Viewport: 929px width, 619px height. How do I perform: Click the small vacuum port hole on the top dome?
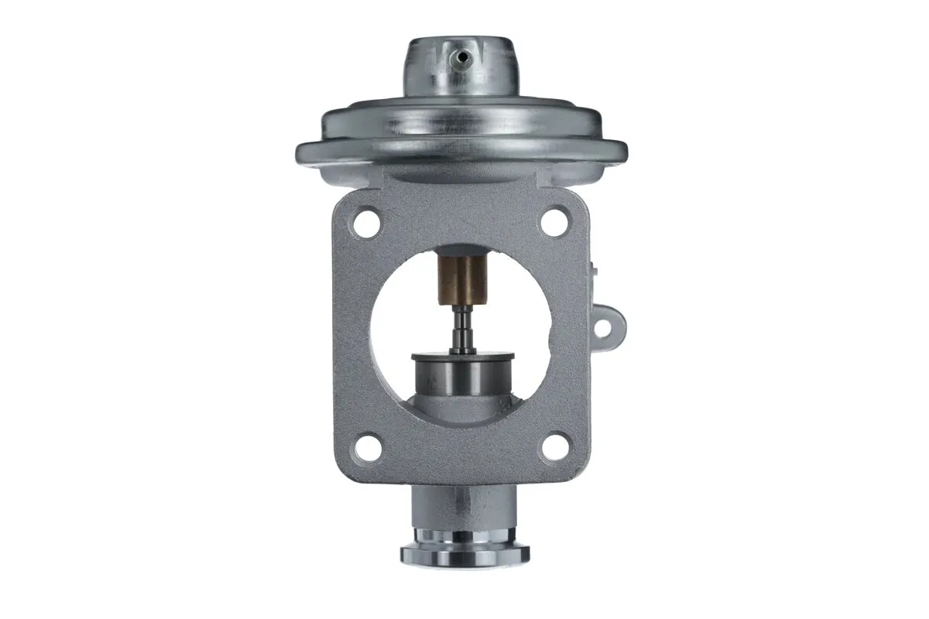pyautogui.click(x=461, y=56)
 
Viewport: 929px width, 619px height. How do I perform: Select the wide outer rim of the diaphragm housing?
pyautogui.click(x=461, y=152)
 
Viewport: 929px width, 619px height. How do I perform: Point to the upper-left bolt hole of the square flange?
pyautogui.click(x=366, y=224)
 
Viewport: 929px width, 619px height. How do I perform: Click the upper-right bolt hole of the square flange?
pyautogui.click(x=554, y=223)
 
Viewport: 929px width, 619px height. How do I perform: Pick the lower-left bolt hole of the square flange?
pyautogui.click(x=369, y=447)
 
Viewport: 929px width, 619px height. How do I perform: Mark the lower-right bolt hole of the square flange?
pyautogui.click(x=554, y=447)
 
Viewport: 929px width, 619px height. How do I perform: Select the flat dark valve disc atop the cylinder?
pyautogui.click(x=463, y=357)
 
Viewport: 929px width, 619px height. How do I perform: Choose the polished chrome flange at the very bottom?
pyautogui.click(x=464, y=552)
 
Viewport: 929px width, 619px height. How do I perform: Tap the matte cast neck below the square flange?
pyautogui.click(x=463, y=507)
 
